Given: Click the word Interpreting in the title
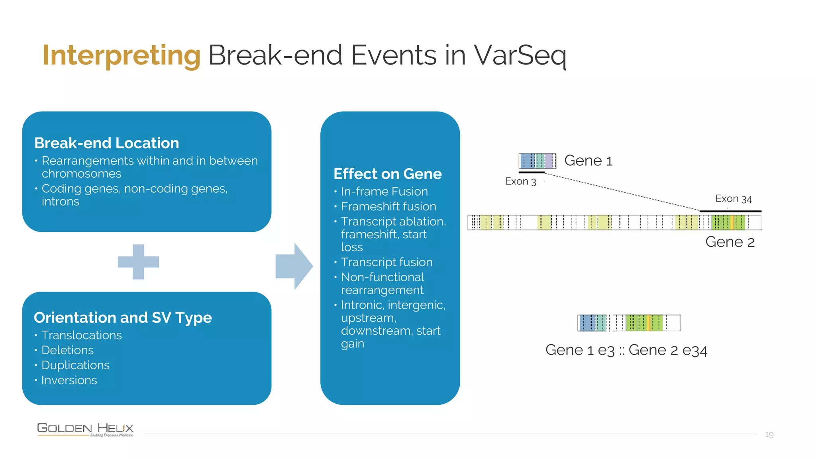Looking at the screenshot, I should [x=121, y=56].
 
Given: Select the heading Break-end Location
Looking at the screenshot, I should [x=106, y=143].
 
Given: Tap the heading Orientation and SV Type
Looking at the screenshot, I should [x=123, y=318].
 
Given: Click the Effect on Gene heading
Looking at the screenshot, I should [x=387, y=174].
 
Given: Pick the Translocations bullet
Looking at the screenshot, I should [x=81, y=335].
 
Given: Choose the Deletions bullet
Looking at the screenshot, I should [x=67, y=350].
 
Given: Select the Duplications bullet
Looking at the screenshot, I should [x=75, y=365].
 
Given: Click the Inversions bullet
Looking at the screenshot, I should [x=69, y=380].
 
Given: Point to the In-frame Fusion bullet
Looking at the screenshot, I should [x=384, y=192].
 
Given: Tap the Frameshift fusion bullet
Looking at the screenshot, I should [x=388, y=206].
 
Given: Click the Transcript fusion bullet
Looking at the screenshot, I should [x=386, y=262].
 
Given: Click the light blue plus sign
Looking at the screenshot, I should [x=138, y=262].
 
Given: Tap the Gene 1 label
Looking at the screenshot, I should [x=588, y=161].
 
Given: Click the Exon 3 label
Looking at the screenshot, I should [x=520, y=182].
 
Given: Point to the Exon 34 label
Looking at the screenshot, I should [x=733, y=199].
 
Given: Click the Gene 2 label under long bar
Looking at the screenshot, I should [x=730, y=242].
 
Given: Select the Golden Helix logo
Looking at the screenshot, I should [x=85, y=429].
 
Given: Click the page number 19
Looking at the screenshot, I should [x=769, y=435].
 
